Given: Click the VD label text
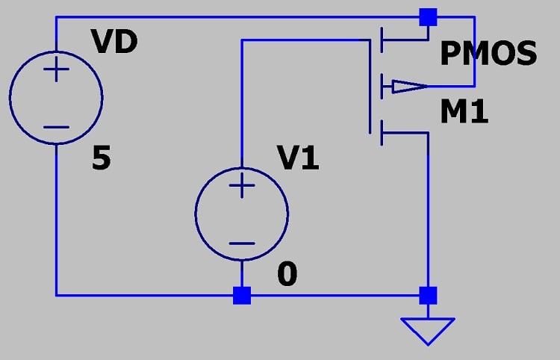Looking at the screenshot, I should click(114, 43).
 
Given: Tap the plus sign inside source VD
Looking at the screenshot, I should click(56, 72).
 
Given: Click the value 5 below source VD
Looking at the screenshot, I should click(102, 159).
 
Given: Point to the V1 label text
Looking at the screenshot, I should click(298, 158).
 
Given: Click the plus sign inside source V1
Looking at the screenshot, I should click(241, 187).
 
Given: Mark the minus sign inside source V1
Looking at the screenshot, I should click(241, 242).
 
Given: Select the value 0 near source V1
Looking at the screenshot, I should click(287, 276).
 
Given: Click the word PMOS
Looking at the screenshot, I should click(488, 54).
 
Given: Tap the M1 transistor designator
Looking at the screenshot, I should click(464, 113).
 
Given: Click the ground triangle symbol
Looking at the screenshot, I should click(428, 329).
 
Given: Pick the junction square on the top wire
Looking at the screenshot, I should click(428, 16).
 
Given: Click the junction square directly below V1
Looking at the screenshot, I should click(241, 295).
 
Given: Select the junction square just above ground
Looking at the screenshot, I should click(428, 295).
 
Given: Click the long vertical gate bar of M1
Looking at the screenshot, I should click(371, 87).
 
